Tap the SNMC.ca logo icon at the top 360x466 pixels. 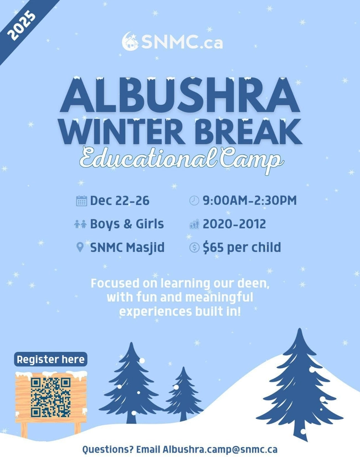[x=130, y=42]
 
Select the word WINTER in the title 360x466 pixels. [x=124, y=133]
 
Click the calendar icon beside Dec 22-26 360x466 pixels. [x=81, y=201]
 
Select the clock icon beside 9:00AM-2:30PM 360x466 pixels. [x=194, y=201]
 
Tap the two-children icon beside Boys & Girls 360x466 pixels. [x=80, y=224]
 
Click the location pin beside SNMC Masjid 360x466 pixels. [x=80, y=247]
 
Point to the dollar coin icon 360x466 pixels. [x=194, y=248]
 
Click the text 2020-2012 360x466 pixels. [x=234, y=224]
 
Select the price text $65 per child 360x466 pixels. [x=241, y=247]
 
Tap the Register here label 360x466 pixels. [x=50, y=359]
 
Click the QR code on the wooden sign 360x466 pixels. [x=50, y=397]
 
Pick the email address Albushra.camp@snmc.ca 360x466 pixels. [x=220, y=449]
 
